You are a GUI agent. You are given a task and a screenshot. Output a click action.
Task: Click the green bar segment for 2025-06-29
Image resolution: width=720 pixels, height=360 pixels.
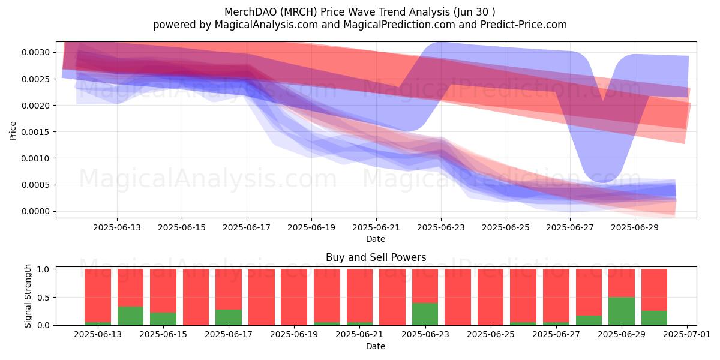click(x=622, y=311)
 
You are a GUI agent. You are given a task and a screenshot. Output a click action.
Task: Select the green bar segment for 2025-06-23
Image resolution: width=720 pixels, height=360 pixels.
click(x=425, y=314)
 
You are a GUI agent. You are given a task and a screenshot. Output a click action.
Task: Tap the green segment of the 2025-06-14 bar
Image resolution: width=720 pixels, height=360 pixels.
click(x=131, y=316)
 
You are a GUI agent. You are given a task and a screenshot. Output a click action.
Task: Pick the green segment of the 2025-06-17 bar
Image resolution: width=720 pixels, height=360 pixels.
click(x=229, y=317)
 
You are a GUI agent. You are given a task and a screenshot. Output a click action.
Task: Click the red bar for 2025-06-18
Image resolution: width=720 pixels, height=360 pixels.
click(x=262, y=297)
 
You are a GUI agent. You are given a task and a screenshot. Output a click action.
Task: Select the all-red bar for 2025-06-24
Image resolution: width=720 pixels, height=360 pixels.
click(x=458, y=297)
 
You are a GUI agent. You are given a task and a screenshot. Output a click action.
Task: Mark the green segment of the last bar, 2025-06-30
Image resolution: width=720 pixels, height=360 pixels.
click(x=655, y=318)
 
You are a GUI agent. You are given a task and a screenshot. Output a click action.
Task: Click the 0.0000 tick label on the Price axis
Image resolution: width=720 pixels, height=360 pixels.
click(x=35, y=211)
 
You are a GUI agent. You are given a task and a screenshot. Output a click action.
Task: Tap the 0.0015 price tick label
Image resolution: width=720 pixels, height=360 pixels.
click(x=35, y=132)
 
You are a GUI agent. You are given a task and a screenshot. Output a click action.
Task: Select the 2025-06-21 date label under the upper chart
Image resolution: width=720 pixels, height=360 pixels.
click(x=376, y=227)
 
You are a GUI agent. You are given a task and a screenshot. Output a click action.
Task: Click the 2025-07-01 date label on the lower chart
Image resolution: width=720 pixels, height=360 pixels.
click(x=687, y=334)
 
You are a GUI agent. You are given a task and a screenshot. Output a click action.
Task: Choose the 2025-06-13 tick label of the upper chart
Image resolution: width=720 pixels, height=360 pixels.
click(x=117, y=227)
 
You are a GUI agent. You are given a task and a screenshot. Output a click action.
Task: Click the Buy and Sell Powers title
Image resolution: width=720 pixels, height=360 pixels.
click(x=376, y=257)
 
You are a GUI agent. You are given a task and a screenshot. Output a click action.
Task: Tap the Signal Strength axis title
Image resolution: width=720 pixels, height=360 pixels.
click(x=28, y=296)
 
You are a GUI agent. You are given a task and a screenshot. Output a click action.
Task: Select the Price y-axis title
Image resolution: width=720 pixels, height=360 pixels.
click(x=13, y=131)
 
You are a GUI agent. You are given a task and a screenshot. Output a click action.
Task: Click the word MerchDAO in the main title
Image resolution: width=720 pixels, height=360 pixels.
click(x=250, y=12)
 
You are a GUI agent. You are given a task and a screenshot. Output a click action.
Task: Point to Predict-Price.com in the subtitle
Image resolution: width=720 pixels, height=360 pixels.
click(x=524, y=25)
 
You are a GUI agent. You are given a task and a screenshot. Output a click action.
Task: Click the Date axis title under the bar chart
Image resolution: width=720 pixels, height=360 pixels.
click(x=376, y=346)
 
